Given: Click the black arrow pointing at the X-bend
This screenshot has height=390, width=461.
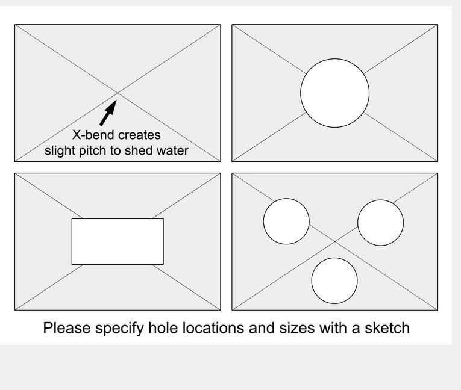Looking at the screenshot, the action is pos(108,113).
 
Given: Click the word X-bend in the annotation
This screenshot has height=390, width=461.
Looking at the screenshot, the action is pos(93,135).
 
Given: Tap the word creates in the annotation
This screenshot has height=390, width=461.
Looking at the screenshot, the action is pos(139,135).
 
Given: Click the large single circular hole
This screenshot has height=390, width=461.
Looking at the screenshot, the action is pos(335,93).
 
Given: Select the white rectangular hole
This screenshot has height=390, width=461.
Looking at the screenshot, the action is pos(118,242).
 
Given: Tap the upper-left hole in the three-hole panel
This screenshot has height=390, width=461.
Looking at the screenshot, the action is pos(286,221).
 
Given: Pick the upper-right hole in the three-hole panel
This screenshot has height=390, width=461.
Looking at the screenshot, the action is pos(381,223).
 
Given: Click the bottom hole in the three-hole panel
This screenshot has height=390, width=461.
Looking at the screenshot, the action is pos(334,280).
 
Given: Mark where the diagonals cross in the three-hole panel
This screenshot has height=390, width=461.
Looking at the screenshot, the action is pos(335,242).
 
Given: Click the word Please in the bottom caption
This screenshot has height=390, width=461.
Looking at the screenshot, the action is pos(67,328).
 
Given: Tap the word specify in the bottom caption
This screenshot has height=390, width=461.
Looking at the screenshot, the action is pos(119,329).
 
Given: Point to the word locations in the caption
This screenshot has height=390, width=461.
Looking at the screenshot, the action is pos(213,328).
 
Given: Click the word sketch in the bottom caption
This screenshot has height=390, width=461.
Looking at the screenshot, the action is pos(387,328).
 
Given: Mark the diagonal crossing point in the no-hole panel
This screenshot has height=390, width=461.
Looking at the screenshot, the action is pos(118,93).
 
